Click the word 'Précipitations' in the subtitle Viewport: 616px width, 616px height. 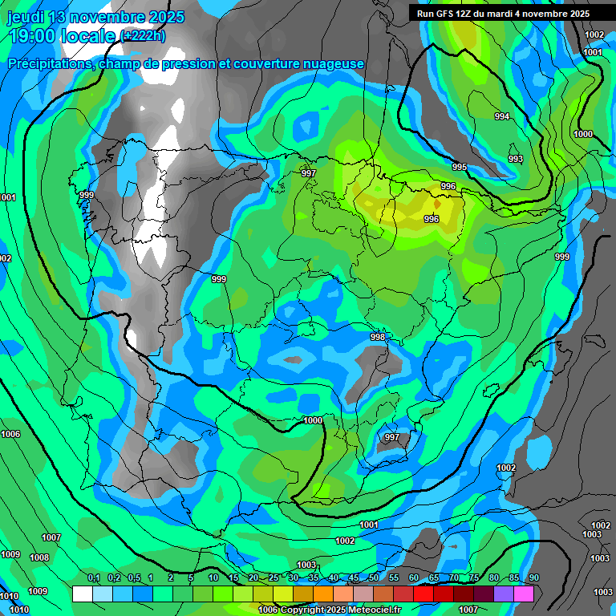click(48, 63)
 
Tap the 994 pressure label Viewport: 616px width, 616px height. click(502, 117)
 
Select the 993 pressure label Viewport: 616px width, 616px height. click(516, 160)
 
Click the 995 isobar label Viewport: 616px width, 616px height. click(460, 167)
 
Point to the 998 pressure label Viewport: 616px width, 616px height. click(378, 338)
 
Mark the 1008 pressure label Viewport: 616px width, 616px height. click(39, 557)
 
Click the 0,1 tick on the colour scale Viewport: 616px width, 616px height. click(93, 578)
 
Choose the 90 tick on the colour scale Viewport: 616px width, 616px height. click(533, 578)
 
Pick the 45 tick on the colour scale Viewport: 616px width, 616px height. click(354, 578)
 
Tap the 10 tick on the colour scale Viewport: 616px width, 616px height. click(213, 578)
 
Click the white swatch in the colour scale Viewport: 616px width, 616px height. click(82, 594)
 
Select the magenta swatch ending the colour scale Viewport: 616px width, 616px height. click(523, 594)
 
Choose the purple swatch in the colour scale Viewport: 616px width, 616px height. click(503, 594)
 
